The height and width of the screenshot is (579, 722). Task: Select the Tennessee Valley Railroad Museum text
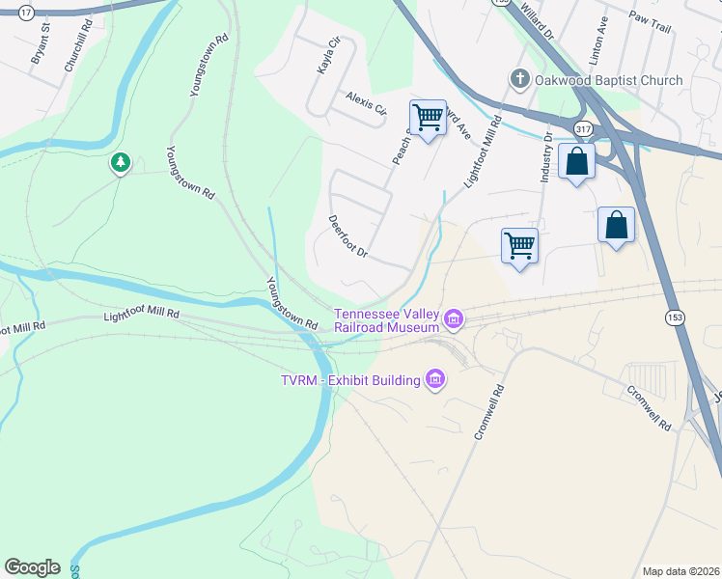(x=386, y=320)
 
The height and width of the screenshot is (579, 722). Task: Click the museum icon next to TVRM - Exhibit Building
(x=435, y=380)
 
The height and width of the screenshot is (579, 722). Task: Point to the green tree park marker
(x=120, y=163)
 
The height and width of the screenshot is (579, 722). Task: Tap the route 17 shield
(x=26, y=13)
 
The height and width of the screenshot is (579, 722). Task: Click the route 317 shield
(x=582, y=127)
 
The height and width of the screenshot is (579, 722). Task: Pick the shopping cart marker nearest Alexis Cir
(x=428, y=118)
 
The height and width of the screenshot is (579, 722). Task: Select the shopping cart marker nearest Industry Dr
(x=519, y=246)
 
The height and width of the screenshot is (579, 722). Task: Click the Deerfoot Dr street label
(x=348, y=236)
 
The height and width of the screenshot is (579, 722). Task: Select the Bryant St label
(x=41, y=50)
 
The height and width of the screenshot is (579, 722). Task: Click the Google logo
(x=32, y=567)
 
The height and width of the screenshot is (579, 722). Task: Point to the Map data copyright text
(x=681, y=571)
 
